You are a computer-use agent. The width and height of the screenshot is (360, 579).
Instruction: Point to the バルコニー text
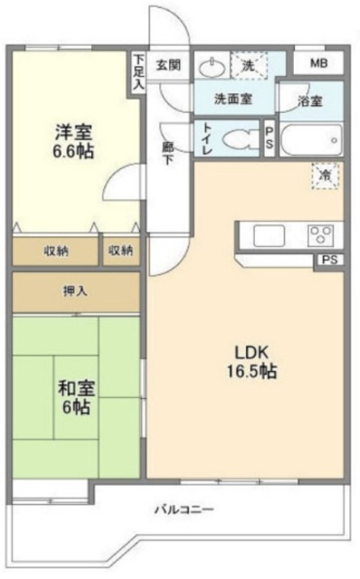[184, 510]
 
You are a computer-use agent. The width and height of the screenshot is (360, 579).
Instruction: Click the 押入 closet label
[75, 292]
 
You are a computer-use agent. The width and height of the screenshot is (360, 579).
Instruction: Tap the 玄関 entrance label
[167, 64]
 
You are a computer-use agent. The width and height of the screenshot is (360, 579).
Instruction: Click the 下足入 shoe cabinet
[137, 71]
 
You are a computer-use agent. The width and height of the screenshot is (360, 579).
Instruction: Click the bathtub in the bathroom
[312, 141]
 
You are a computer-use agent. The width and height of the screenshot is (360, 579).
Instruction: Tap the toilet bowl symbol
[237, 141]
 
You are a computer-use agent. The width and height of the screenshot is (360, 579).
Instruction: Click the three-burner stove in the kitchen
[320, 235]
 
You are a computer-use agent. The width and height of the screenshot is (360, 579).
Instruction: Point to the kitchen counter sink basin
[269, 236]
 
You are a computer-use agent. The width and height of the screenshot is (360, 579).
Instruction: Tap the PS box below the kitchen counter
[328, 261]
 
